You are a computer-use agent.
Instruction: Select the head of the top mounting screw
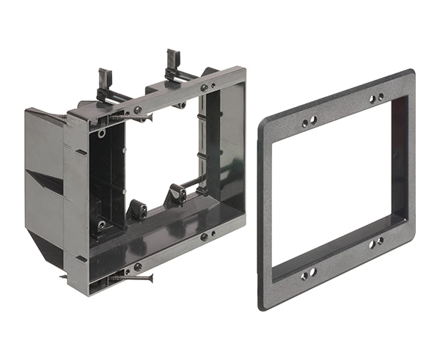136,111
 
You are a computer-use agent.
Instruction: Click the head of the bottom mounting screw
136,267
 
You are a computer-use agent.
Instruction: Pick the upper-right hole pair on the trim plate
377,98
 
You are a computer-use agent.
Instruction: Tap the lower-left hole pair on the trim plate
308,273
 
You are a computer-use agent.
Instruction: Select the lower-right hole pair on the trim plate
377,240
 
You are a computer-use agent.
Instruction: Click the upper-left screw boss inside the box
101,133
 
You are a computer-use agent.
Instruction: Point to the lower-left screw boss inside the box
100,225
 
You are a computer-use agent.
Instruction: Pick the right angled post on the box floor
176,194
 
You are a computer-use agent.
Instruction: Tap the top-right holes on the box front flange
208,87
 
